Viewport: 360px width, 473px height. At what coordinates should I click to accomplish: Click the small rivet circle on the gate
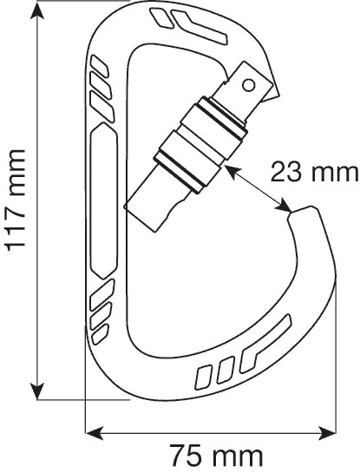tap(250, 84)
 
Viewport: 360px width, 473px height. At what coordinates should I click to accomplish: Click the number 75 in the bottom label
tap(186, 455)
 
